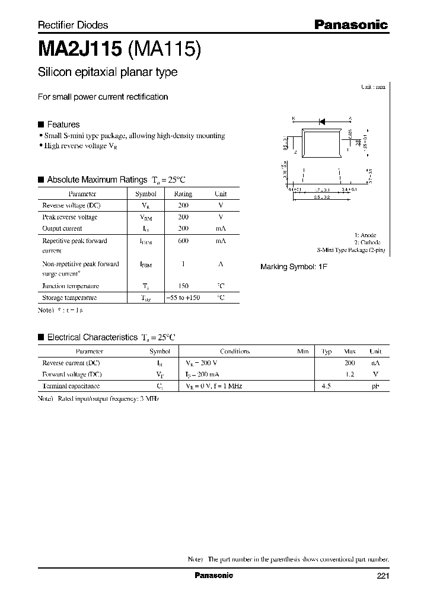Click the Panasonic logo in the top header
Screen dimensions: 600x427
click(350, 24)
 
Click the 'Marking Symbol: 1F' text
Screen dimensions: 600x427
click(294, 267)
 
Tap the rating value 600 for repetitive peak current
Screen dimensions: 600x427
click(183, 241)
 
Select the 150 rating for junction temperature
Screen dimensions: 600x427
click(183, 286)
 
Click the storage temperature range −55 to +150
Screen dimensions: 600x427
click(183, 298)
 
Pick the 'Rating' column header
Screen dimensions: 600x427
click(183, 194)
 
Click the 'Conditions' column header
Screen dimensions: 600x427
click(235, 351)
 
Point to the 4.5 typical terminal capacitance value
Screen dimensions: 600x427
click(326, 386)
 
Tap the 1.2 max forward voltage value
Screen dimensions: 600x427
click(350, 374)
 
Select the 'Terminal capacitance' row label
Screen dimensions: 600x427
click(71, 386)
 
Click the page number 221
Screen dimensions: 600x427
click(383, 576)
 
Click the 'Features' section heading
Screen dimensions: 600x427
click(63, 125)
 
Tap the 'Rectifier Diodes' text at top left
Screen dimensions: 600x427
click(73, 25)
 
